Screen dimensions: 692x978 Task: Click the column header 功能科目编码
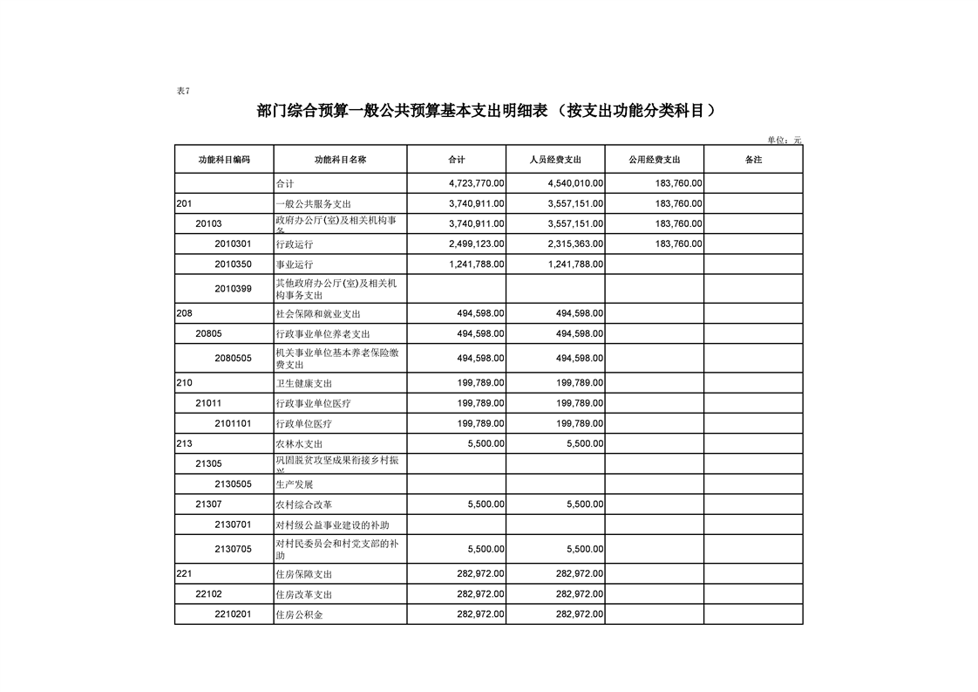224,160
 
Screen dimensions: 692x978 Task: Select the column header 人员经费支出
555,160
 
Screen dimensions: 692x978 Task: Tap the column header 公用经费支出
655,160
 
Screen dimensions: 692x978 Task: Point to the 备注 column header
753,160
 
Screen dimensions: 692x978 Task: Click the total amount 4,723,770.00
476,184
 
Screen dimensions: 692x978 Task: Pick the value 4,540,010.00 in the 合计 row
575,184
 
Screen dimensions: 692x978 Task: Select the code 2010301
233,243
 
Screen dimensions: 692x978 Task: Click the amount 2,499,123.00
476,244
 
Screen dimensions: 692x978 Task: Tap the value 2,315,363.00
575,244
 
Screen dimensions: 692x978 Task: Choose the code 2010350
233,264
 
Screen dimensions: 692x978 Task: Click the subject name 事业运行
294,264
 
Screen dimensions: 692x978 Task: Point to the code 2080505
233,358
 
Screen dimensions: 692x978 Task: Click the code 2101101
233,423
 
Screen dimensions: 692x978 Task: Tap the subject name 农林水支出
299,444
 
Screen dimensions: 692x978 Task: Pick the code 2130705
233,549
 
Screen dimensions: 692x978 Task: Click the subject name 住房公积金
299,615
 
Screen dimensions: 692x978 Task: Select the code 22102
208,594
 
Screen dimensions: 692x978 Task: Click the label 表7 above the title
182,91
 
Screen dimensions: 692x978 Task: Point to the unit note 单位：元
784,140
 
